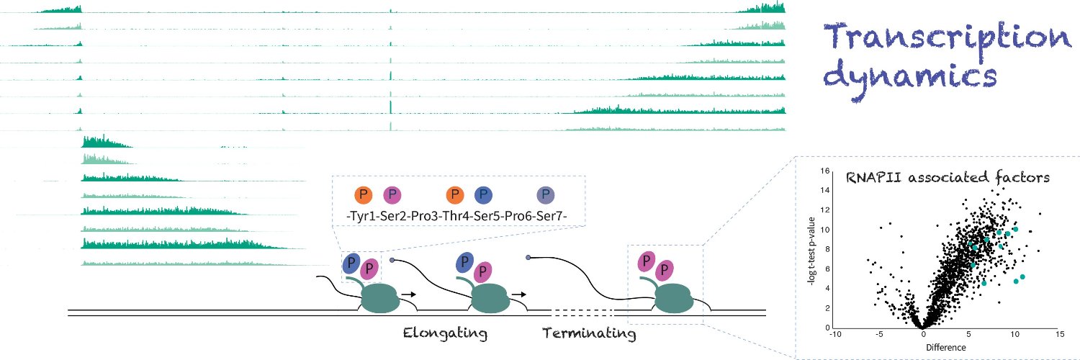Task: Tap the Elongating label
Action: point(445,333)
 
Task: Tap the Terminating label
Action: point(589,333)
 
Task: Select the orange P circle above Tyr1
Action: point(363,195)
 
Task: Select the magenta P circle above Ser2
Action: point(392,195)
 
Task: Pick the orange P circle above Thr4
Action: point(454,195)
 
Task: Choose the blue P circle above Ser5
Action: point(483,195)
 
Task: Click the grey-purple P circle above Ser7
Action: point(545,195)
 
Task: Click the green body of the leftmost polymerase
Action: point(380,298)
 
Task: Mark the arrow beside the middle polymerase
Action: point(519,294)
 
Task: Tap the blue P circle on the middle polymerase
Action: point(464,262)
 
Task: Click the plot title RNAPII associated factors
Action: point(948,177)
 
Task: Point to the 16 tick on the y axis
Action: point(825,171)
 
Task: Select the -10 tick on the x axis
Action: point(835,334)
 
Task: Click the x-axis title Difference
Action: point(946,348)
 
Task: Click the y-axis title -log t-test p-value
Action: point(811,251)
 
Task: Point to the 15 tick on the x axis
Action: point(1060,334)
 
